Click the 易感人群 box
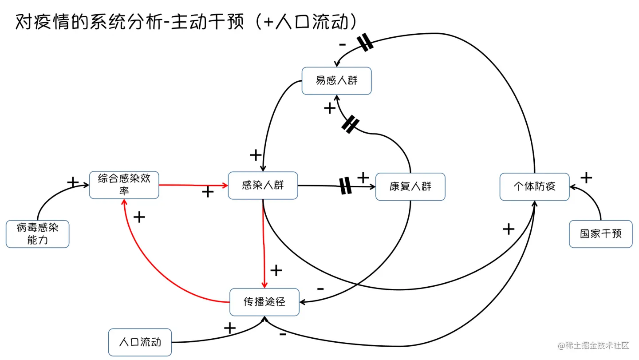[336, 81]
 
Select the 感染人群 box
[263, 185]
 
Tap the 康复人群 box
[410, 186]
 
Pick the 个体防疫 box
[534, 186]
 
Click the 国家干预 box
[600, 233]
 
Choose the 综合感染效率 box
[124, 185]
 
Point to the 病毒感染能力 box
[37, 234]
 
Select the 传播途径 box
[264, 302]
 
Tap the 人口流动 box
[140, 342]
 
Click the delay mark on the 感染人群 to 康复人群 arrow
[345, 186]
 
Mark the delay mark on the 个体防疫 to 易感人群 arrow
[365, 43]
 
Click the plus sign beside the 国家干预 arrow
[586, 178]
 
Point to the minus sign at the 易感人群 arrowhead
[342, 44]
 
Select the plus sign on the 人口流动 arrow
[229, 328]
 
